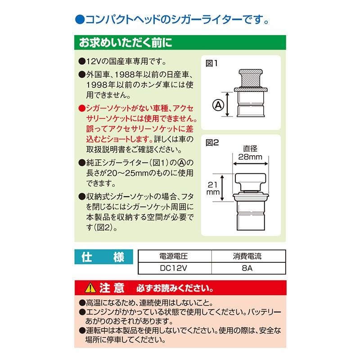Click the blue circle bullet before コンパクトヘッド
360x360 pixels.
click(x=78, y=20)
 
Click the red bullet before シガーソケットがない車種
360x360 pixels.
click(x=81, y=108)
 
